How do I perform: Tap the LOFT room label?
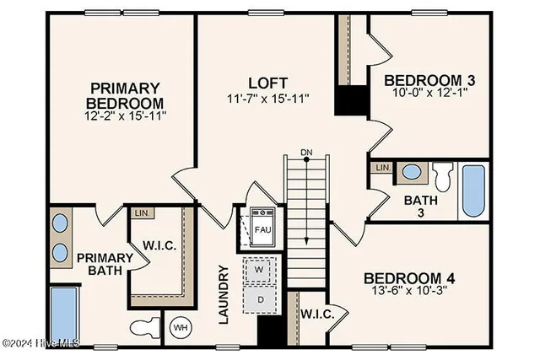click(x=268, y=83)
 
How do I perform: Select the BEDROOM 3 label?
click(x=429, y=81)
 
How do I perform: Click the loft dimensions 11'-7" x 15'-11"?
click(x=268, y=98)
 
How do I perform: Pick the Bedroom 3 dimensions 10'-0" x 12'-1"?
click(x=430, y=94)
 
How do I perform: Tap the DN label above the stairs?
click(x=307, y=153)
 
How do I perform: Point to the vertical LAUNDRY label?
click(x=224, y=294)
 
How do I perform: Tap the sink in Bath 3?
click(x=412, y=172)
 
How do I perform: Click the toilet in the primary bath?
click(x=143, y=325)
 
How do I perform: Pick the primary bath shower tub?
click(x=62, y=314)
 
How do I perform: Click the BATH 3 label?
click(x=418, y=207)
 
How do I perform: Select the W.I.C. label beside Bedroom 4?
click(x=318, y=314)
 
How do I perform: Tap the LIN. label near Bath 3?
click(x=382, y=167)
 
